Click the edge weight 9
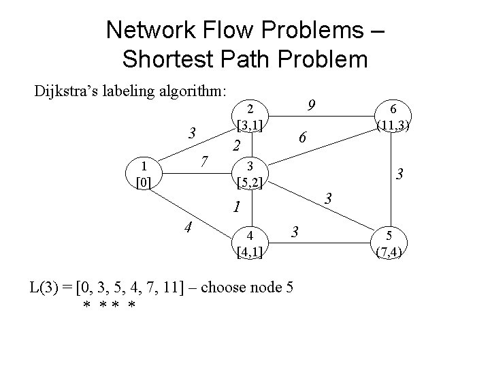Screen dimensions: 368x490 point(310,106)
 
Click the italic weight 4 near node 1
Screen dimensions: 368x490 point(188,228)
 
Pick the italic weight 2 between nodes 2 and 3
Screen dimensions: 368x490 point(236,145)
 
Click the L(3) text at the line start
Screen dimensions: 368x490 point(47,286)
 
